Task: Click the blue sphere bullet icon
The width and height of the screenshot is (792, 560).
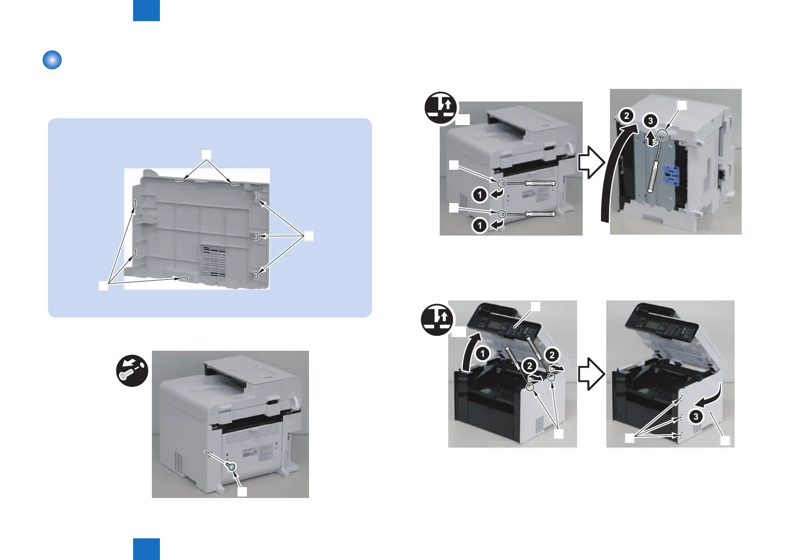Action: click(x=52, y=60)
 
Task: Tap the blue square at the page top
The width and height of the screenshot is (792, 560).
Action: click(x=146, y=10)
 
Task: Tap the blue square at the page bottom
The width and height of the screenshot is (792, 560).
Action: click(x=146, y=549)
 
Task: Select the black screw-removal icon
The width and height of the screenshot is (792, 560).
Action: click(x=132, y=371)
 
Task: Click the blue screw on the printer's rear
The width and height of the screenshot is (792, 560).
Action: click(x=231, y=466)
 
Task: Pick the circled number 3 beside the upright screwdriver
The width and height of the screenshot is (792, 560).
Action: click(x=650, y=121)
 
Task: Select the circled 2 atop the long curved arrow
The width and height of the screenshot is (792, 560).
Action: click(x=626, y=116)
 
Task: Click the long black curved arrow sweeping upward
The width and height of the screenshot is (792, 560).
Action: click(x=614, y=179)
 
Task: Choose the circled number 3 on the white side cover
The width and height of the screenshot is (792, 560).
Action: click(x=696, y=416)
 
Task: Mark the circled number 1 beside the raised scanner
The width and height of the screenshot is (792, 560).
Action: click(x=483, y=354)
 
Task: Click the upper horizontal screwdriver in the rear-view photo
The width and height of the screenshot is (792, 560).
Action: click(x=531, y=183)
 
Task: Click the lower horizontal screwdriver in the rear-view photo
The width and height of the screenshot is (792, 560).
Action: click(x=531, y=214)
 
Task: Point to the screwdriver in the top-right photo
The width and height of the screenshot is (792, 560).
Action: click(x=655, y=165)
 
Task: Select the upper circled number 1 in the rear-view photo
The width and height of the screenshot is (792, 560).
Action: click(x=480, y=194)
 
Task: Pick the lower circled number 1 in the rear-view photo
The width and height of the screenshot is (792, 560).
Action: click(x=480, y=226)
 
